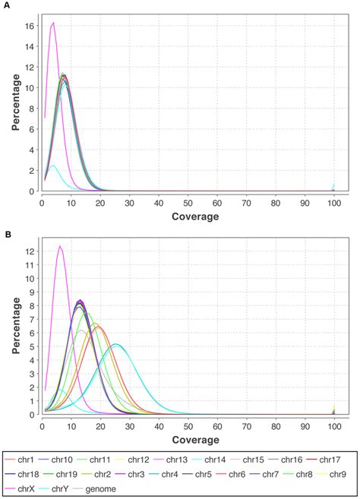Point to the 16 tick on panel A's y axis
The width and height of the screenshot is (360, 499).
click(x=29, y=25)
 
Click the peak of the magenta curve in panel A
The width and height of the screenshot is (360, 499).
click(x=53, y=24)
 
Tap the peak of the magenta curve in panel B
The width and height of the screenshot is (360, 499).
click(x=59, y=246)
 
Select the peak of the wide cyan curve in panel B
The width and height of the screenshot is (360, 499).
click(x=116, y=344)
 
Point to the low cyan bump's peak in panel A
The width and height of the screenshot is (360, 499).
click(x=52, y=166)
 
